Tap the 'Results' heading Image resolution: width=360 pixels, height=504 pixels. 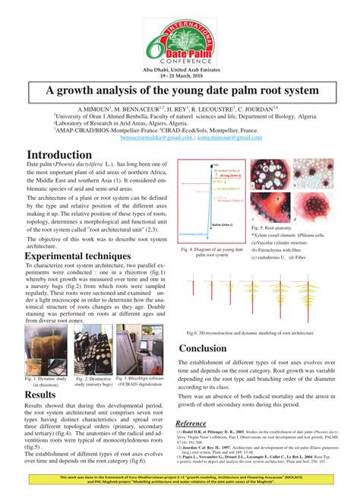(x=40, y=395)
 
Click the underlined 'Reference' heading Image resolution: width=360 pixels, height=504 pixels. (x=195, y=423)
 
